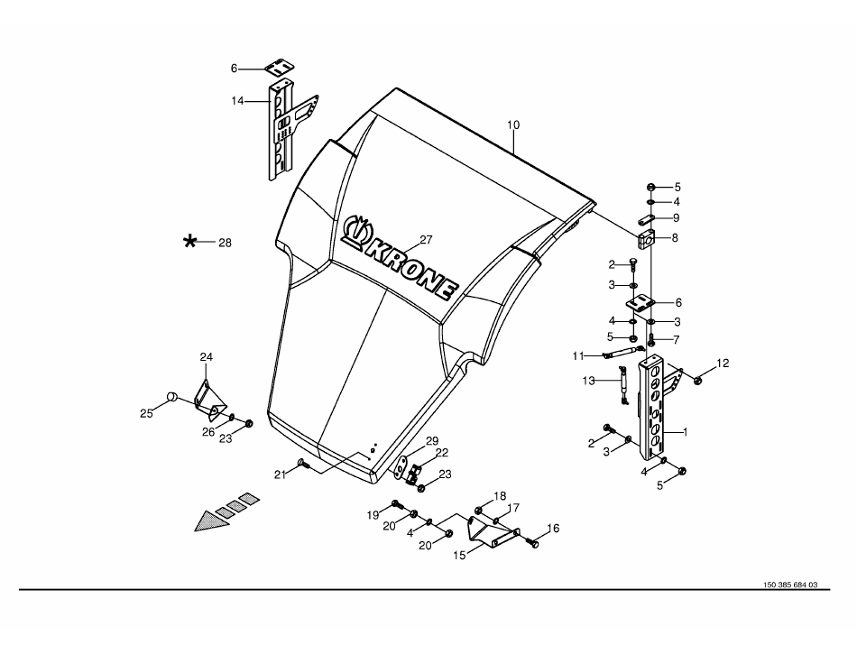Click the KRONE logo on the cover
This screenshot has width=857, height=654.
(402, 260)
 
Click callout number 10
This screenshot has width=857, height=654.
(512, 124)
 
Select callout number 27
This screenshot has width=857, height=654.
(426, 240)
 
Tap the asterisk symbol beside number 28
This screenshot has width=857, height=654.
(190, 242)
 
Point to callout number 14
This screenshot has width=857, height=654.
(237, 101)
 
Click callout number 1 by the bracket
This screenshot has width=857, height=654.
(685, 432)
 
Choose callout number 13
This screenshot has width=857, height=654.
(589, 381)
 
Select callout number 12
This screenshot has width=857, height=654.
(723, 364)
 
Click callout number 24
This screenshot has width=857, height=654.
(206, 357)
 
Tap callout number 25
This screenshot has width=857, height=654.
(146, 413)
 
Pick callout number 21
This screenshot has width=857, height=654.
(281, 474)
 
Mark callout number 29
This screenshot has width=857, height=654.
(432, 440)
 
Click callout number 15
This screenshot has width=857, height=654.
(459, 556)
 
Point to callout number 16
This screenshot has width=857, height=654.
(553, 529)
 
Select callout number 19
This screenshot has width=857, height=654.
(372, 515)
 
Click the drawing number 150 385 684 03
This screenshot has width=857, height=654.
(789, 585)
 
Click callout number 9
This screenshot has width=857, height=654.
(677, 217)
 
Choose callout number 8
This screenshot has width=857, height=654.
(677, 238)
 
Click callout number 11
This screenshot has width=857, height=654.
(578, 355)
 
